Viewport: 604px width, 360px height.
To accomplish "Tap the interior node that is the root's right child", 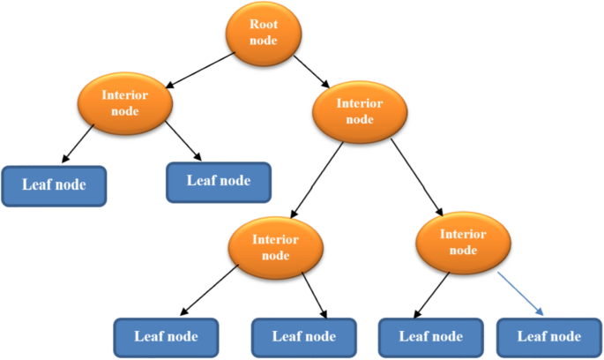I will [360, 111].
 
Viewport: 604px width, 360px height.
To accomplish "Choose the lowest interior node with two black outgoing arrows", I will [276, 246].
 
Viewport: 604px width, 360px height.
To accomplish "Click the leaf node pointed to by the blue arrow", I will [548, 336].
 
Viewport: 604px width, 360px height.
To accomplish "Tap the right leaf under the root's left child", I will [218, 182].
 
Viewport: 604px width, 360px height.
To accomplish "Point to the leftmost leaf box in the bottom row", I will [167, 336].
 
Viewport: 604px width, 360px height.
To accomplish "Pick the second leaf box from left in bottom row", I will [304, 336].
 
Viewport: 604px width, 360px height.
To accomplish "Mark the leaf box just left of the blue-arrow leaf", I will [431, 336].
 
